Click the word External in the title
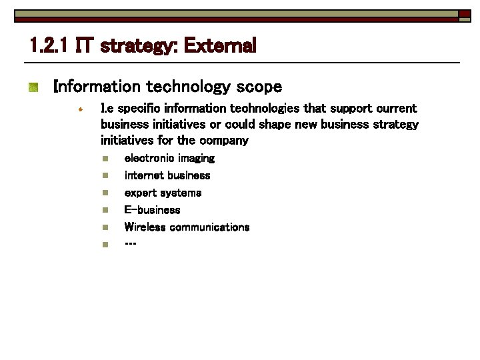point(219,46)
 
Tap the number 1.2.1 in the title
point(49,46)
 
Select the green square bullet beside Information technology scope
point(34,87)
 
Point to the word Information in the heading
point(97,87)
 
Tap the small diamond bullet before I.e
point(79,109)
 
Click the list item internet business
point(167,175)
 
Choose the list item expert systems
point(163,193)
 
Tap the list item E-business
point(152,210)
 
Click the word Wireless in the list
point(145,227)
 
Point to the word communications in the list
point(209,227)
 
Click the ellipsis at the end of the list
point(131,244)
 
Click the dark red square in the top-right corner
point(463,13)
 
